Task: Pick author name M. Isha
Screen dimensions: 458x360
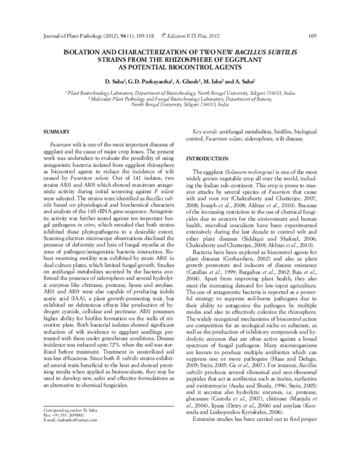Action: tap(221, 80)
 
